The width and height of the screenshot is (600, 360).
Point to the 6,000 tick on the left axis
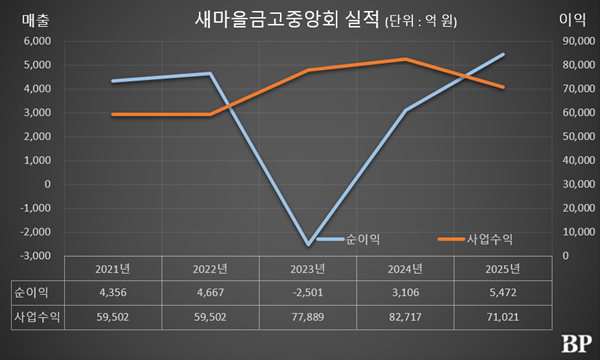pos(35,41)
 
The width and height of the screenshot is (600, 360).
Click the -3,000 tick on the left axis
pos(33,256)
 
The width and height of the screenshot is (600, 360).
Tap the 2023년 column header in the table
pos(307,268)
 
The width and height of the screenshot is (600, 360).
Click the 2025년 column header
pos(503,268)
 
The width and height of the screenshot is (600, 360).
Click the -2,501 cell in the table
pos(307,292)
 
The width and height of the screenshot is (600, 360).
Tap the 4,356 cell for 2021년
pos(111,292)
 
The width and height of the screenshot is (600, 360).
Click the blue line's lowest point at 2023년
pos(307,244)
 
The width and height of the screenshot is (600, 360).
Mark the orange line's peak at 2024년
pos(405,59)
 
